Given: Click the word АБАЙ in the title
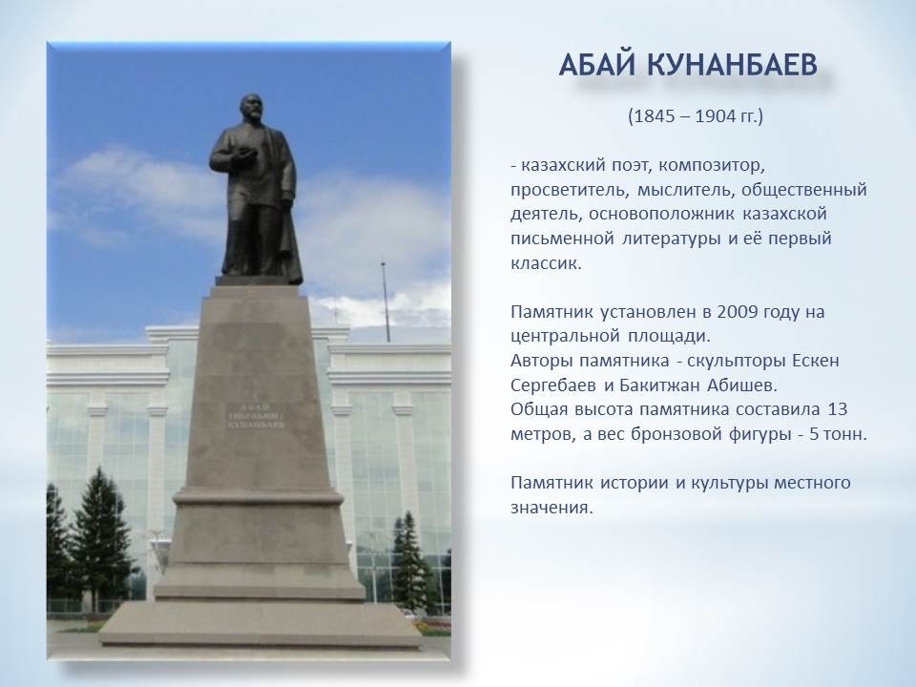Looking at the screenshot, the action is click(596, 65).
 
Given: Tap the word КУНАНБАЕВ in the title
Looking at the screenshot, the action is click(732, 65).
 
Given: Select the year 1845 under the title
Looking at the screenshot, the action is click(653, 116).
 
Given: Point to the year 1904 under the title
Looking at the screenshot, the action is click(716, 116).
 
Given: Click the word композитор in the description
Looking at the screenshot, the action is click(712, 166).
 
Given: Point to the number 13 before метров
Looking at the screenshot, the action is click(837, 409).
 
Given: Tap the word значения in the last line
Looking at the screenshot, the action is click(552, 508).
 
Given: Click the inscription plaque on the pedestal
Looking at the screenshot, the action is click(256, 416).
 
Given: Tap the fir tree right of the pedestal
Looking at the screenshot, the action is click(410, 562).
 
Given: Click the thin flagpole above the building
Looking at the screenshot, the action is click(385, 301).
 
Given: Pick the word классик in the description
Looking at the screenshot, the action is click(546, 263).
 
